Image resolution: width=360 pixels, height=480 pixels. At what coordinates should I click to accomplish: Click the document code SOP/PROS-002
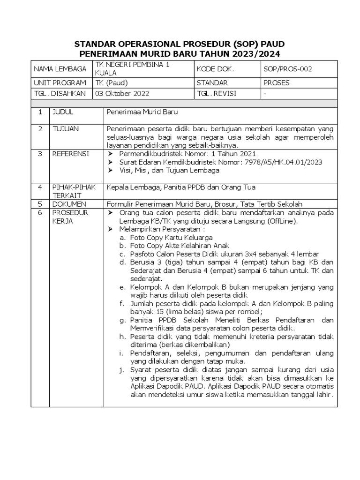(288, 69)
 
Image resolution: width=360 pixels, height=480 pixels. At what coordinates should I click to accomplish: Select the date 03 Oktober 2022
(122, 93)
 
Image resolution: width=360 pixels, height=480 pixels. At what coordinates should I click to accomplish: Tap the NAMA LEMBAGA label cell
(60, 69)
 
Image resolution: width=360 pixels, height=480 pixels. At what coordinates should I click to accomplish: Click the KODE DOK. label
(215, 69)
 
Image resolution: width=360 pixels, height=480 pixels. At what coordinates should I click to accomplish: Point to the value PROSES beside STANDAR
(277, 82)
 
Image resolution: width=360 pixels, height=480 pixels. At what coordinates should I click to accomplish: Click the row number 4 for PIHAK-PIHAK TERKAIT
(40, 187)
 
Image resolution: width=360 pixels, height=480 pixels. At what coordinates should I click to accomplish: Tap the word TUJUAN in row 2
(65, 128)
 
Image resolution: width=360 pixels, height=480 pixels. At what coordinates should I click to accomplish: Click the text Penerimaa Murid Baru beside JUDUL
(142, 112)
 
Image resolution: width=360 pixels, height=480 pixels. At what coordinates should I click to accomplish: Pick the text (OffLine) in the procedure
(285, 221)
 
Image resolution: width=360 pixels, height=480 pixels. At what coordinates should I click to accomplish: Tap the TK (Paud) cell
(108, 82)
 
